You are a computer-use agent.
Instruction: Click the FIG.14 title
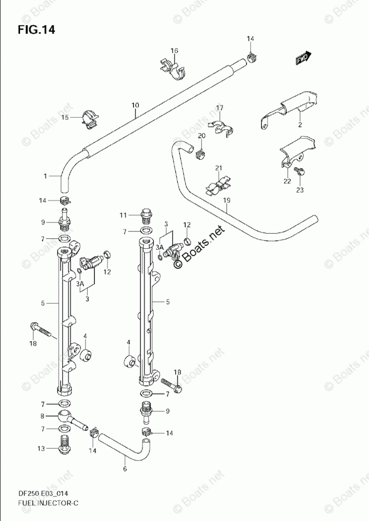point(36,30)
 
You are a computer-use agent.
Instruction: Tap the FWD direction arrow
point(304,57)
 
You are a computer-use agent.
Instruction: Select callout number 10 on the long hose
point(135,106)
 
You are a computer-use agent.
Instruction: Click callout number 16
point(174,51)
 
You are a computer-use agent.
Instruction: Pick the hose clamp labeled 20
point(200,155)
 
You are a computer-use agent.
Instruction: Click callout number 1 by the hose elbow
point(45,176)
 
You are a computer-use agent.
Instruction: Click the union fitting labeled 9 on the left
point(65,220)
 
